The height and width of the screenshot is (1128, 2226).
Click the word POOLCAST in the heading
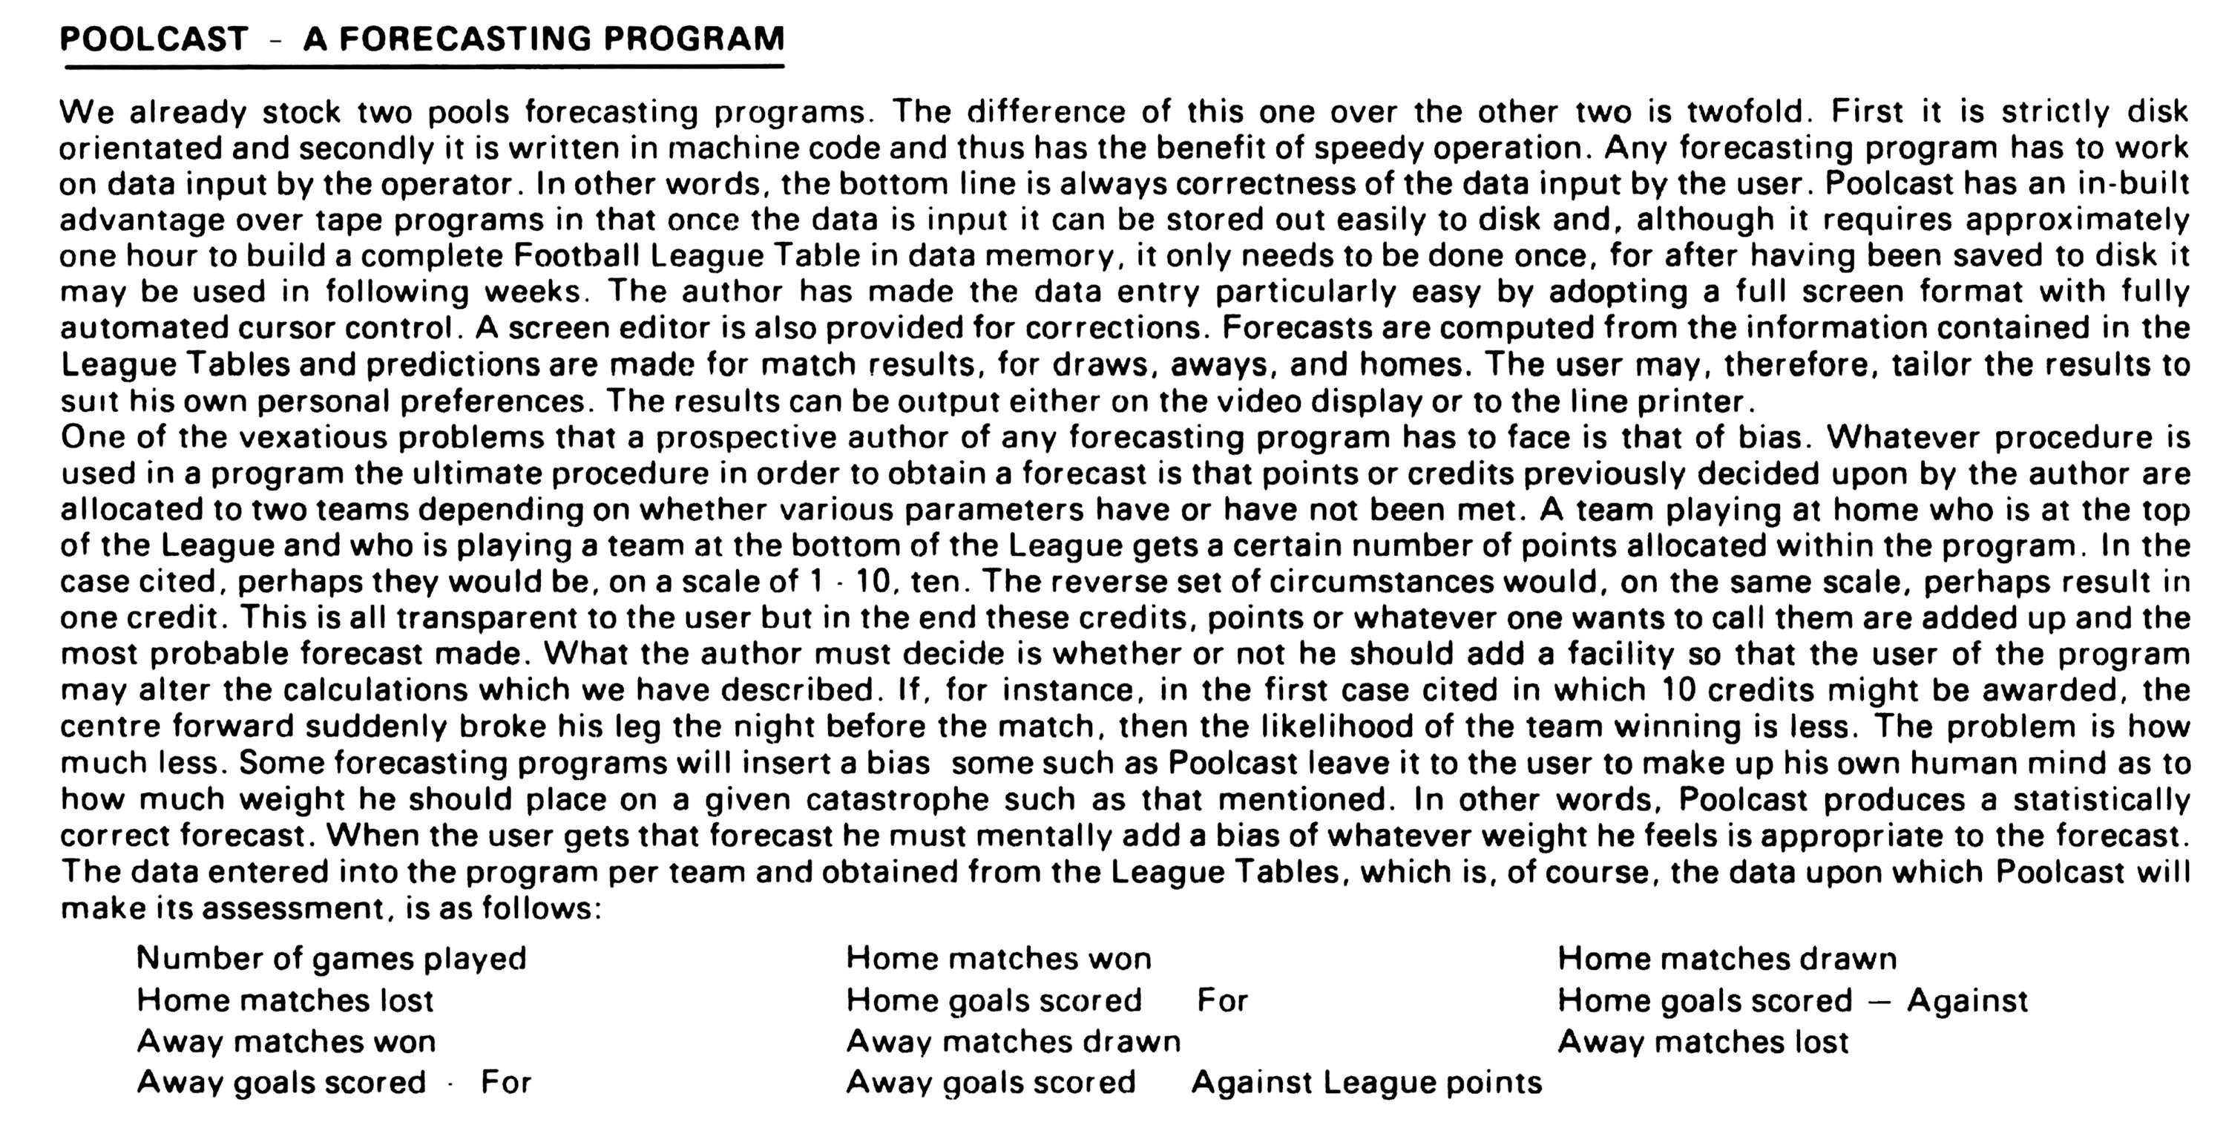pos(154,39)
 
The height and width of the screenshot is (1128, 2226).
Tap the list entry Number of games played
pos(331,959)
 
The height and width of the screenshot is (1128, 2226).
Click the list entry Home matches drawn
pos(1727,959)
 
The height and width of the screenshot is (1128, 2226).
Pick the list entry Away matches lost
pos(1702,1043)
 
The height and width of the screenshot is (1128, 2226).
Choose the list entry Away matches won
pos(286,1043)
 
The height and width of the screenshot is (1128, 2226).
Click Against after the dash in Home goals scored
pos(1967,1001)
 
